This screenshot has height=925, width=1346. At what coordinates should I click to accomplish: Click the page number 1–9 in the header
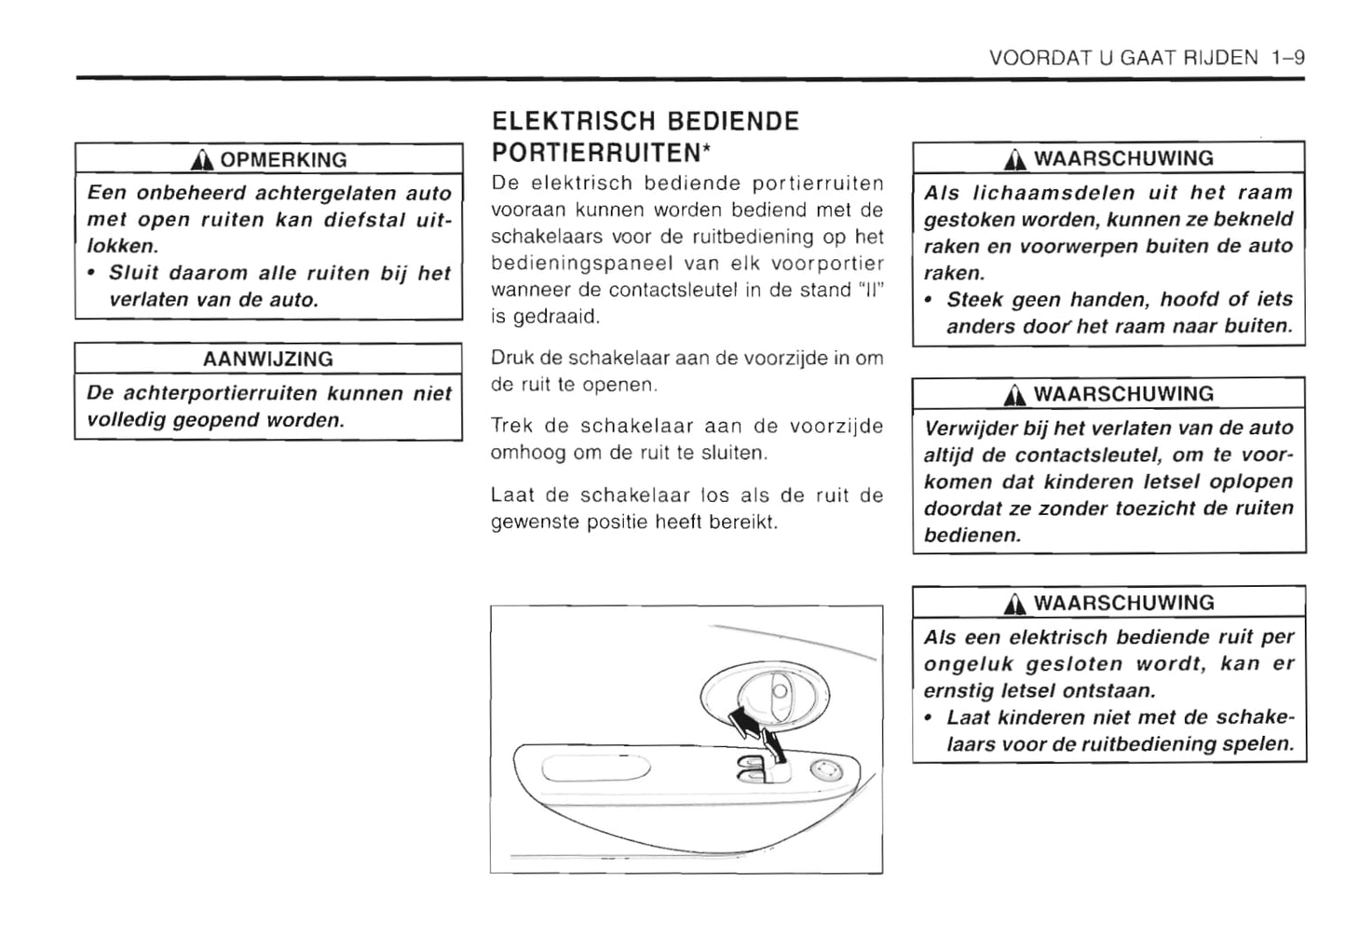click(x=1287, y=58)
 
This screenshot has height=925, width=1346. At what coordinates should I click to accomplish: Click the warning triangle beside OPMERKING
click(x=202, y=160)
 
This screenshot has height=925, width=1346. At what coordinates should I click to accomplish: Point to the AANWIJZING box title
click(x=268, y=359)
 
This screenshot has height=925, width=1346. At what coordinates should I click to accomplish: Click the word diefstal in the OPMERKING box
click(x=366, y=220)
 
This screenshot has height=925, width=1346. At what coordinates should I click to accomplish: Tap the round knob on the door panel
click(x=823, y=769)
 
